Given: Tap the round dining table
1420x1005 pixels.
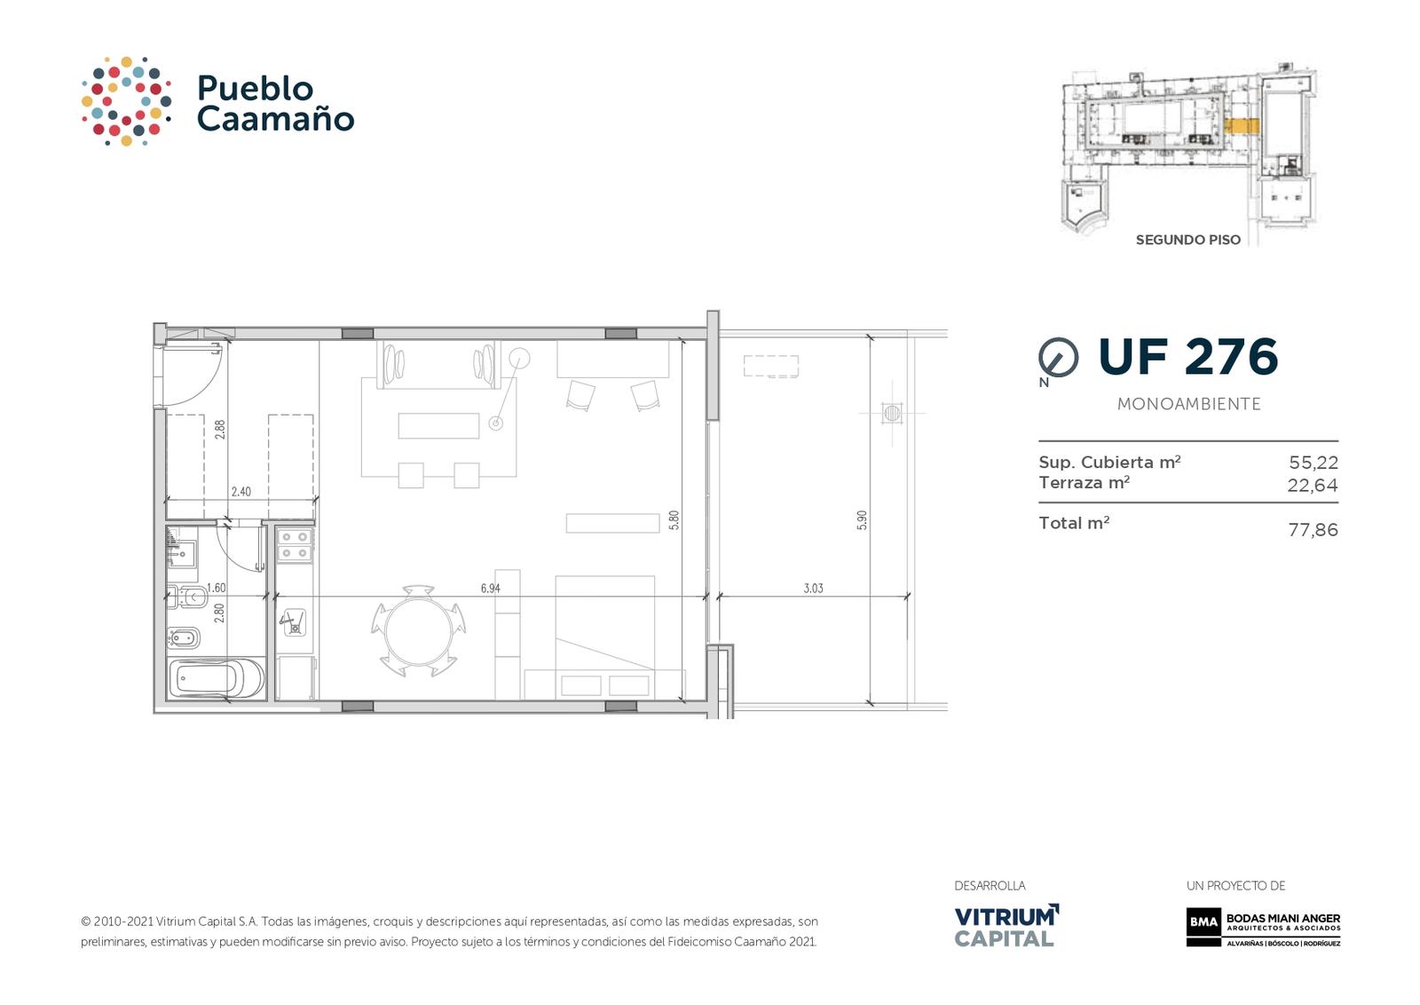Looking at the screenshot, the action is click(x=418, y=631).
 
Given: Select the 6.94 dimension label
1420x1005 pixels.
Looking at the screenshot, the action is click(x=490, y=589).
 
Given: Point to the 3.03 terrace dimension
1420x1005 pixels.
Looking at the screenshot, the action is click(x=813, y=589).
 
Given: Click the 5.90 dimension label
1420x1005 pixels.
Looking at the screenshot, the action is click(x=862, y=520).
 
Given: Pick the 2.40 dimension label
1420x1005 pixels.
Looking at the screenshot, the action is click(x=241, y=492).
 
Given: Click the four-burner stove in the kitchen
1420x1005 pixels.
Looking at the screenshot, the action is click(x=296, y=545).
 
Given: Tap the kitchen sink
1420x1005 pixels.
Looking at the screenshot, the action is click(x=294, y=622).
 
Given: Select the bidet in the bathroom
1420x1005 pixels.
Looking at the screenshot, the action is click(x=184, y=637).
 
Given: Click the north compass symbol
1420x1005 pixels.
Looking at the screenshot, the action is click(x=1058, y=359).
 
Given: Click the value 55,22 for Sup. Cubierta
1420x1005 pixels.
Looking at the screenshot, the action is click(x=1313, y=463).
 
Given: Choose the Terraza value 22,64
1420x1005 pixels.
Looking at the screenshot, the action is click(x=1313, y=485).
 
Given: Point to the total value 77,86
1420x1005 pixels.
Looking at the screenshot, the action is click(x=1313, y=529).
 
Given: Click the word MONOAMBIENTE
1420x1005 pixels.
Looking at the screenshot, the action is click(x=1188, y=404).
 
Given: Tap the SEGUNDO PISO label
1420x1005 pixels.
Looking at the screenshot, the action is click(x=1188, y=241).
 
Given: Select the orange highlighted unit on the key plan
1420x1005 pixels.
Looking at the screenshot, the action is click(x=1242, y=126).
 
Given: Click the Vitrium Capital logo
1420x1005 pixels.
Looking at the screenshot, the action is click(x=1006, y=925).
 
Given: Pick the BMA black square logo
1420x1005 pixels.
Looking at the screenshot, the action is click(x=1203, y=922).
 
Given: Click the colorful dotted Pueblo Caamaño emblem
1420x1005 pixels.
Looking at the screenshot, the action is click(x=126, y=101).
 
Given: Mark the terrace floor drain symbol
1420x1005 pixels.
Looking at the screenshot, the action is click(x=892, y=414).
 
